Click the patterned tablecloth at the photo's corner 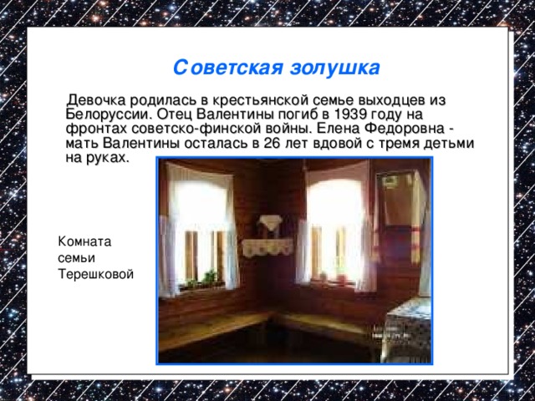pyautogui.click(x=410, y=330)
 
